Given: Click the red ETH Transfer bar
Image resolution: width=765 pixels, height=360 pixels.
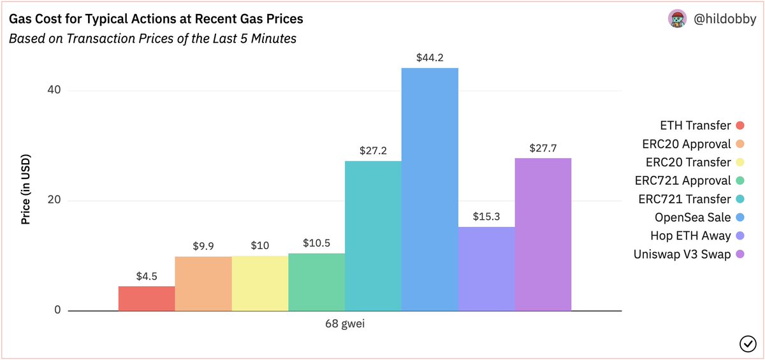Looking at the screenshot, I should [147, 298].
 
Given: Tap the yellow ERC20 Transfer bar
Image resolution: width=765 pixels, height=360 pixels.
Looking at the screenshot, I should [260, 283].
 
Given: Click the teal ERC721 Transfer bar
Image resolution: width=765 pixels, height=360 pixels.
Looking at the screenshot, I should [373, 236].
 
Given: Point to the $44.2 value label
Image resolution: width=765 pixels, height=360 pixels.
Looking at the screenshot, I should [430, 58].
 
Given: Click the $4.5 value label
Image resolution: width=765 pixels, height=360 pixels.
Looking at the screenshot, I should [147, 277].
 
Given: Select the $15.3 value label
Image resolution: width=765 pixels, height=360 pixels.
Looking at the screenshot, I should [486, 217].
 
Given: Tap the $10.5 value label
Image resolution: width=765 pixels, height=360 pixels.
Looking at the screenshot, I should [316, 243].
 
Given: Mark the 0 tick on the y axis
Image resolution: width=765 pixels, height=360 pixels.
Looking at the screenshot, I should [57, 311].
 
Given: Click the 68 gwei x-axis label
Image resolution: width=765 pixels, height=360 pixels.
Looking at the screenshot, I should [345, 324].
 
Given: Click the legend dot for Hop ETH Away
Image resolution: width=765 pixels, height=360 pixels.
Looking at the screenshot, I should [740, 236].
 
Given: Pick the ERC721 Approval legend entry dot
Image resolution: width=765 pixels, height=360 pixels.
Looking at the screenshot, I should [740, 180].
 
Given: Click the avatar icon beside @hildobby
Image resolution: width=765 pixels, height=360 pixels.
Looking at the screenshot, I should [676, 19].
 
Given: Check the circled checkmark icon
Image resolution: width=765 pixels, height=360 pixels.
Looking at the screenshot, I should [747, 344].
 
